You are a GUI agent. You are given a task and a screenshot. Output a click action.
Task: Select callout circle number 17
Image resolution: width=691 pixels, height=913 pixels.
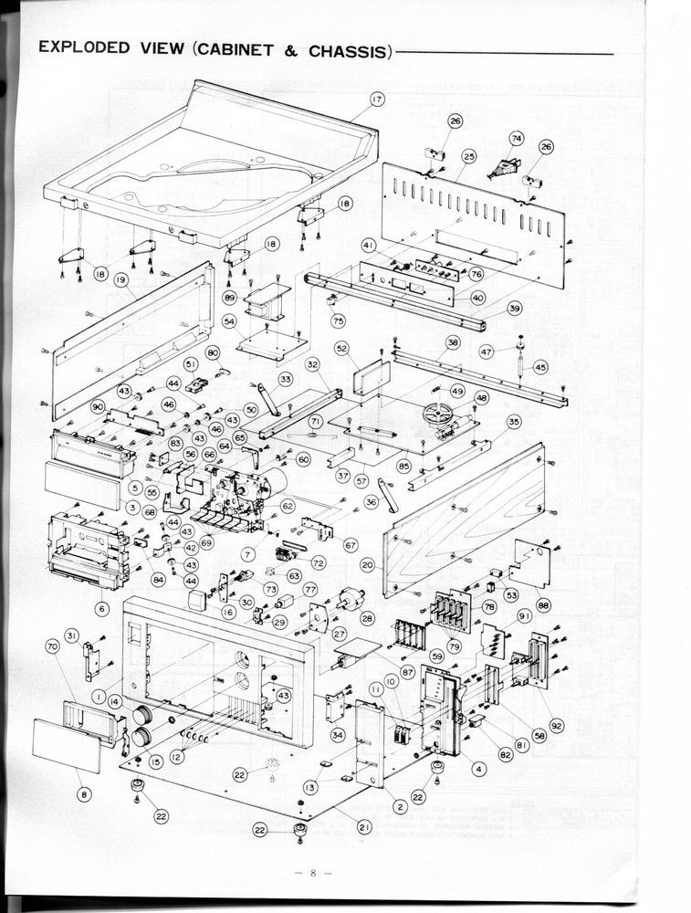[x=377, y=99]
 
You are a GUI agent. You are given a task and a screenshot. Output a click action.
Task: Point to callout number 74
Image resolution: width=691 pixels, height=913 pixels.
[x=516, y=139]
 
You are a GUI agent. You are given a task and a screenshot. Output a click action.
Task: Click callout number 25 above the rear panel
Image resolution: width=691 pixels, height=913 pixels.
[x=469, y=155]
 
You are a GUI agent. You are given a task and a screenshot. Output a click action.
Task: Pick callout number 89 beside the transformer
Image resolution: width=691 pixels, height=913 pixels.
[x=229, y=298]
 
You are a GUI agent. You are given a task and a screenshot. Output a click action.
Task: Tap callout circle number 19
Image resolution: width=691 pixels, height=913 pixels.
[x=120, y=282]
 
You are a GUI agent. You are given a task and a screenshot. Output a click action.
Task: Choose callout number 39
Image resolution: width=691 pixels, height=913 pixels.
[x=515, y=309]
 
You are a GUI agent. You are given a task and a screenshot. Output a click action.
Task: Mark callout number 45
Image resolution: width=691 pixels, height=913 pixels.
[x=540, y=366]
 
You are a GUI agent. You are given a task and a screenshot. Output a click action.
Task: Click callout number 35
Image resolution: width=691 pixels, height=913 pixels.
[x=515, y=422]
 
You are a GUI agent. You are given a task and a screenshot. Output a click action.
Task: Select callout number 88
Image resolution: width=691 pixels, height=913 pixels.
[x=544, y=603]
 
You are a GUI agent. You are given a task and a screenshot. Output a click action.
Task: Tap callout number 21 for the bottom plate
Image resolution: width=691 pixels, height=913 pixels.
[x=363, y=827]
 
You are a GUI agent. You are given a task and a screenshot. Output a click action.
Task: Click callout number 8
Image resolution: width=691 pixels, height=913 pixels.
[x=85, y=795]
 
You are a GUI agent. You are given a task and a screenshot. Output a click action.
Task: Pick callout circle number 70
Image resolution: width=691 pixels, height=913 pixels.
[x=52, y=645]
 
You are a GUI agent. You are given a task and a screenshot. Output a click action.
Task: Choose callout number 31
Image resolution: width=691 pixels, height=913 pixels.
[x=72, y=635]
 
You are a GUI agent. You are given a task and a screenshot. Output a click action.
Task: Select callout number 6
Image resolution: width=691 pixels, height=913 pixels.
[x=101, y=608]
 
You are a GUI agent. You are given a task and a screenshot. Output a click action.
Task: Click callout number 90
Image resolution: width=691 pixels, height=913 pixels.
[x=98, y=407]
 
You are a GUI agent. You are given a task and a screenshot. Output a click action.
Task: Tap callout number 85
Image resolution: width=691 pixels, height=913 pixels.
[x=403, y=466]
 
